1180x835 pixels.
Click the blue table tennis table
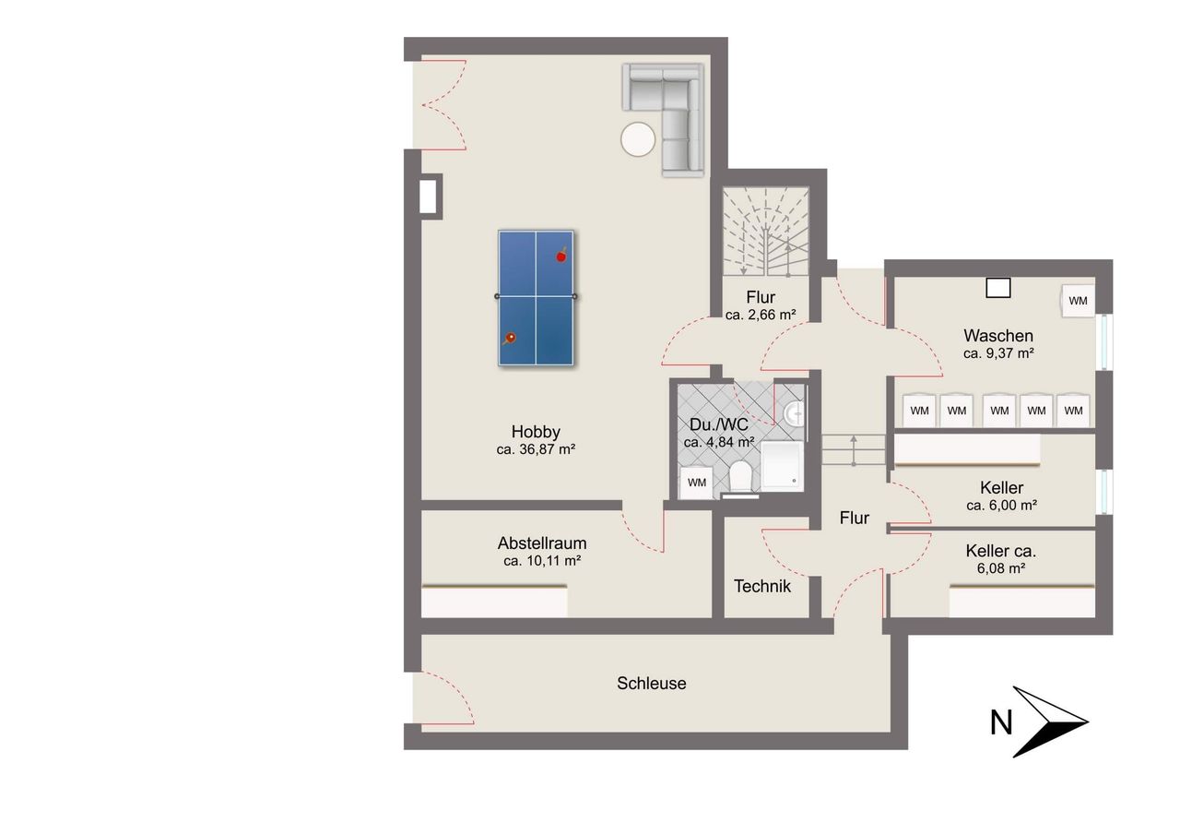point(536,298)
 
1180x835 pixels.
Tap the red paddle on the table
point(561,256)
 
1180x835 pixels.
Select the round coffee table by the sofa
point(638,139)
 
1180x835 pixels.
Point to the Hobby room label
point(536,432)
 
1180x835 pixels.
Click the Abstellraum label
point(542,543)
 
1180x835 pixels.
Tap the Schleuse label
point(652,683)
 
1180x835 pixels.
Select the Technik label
point(762,586)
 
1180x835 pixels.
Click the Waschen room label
point(998,336)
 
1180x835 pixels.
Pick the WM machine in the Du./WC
point(696,483)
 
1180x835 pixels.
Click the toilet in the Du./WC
point(740,476)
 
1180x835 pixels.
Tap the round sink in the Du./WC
point(794,414)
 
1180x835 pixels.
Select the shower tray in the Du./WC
point(783,464)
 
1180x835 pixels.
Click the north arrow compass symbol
point(1048,722)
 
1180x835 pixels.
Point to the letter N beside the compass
point(1001,722)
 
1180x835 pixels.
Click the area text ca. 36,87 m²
point(536,449)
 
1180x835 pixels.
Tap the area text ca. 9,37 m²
point(998,353)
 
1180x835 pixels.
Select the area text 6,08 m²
point(1001,568)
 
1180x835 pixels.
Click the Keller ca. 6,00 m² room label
point(1001,496)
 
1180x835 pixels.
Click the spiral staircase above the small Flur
point(765,231)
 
